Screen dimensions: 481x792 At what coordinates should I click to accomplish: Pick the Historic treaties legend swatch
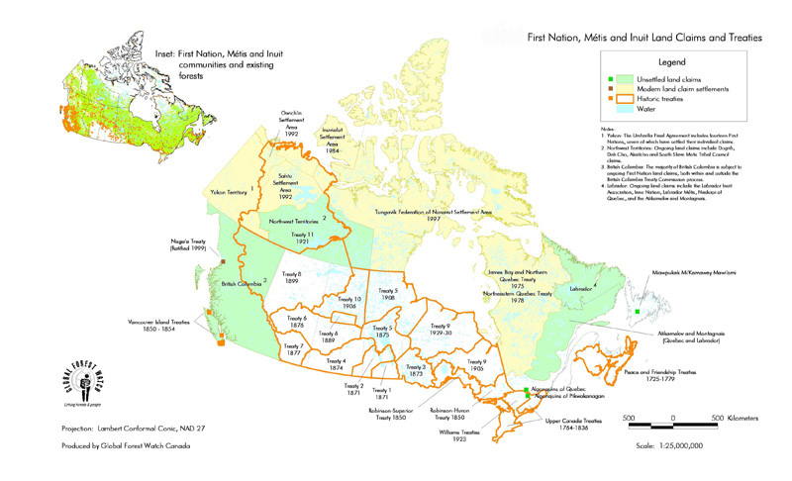[613, 99]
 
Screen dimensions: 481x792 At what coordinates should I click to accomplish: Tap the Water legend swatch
[613, 110]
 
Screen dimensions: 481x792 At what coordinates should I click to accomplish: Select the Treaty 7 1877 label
[293, 349]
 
